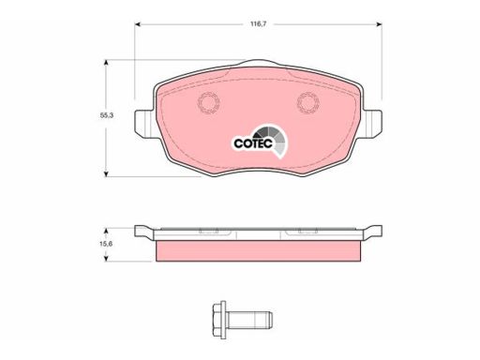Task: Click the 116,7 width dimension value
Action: [x=258, y=24]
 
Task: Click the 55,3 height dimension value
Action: [x=107, y=115]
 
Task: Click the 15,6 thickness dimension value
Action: [x=106, y=244]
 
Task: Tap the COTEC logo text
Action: [x=253, y=143]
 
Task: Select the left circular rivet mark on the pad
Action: [x=209, y=103]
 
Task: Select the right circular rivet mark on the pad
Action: [x=308, y=103]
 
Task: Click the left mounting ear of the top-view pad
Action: [x=144, y=124]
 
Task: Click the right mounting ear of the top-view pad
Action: [x=372, y=124]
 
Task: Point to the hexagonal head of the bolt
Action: [x=219, y=320]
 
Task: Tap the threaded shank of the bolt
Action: [x=249, y=320]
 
